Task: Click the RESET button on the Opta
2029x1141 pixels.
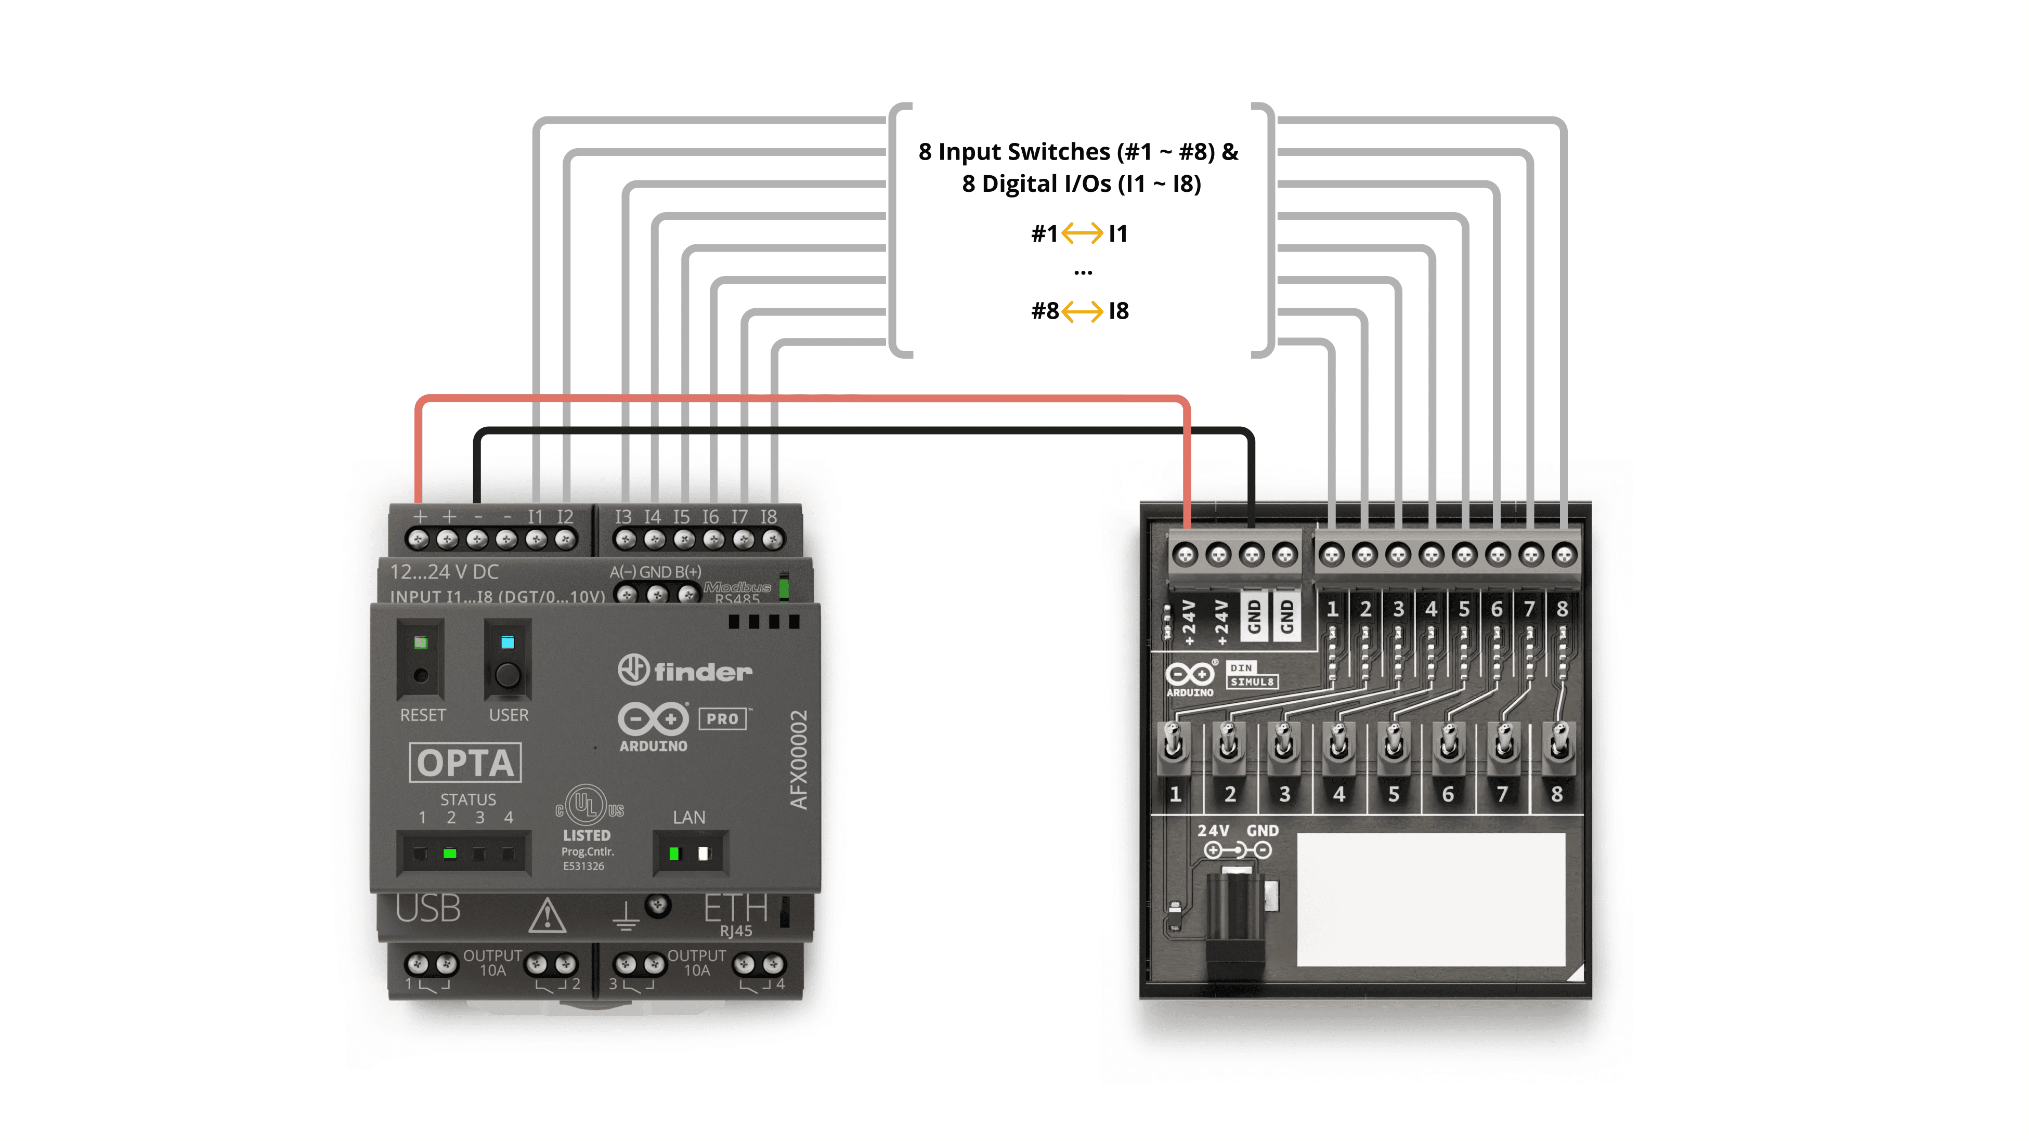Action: tap(421, 675)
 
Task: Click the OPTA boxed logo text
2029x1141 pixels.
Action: tap(465, 762)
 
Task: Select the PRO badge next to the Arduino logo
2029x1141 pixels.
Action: tap(722, 718)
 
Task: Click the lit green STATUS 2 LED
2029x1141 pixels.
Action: tap(450, 854)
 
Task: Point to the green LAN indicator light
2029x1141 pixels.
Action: tap(673, 854)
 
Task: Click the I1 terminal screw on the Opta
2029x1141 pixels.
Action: tap(536, 540)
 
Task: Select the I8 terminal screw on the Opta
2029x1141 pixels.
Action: tap(773, 540)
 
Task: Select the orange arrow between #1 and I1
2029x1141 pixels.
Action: tap(1082, 233)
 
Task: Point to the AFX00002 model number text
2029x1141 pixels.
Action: tap(799, 760)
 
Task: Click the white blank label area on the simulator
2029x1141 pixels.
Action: tap(1429, 898)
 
